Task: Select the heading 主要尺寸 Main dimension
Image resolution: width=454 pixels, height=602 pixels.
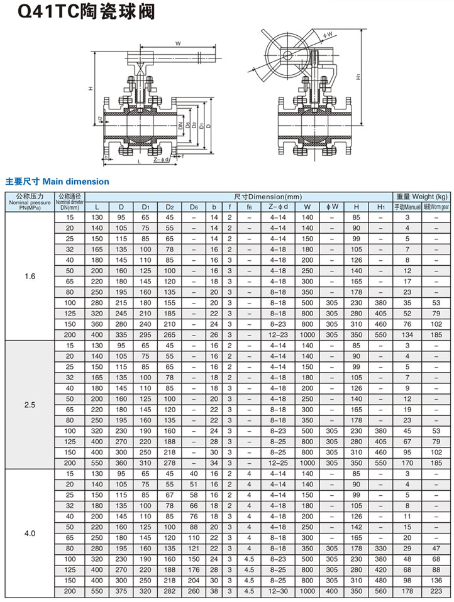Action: [57, 182]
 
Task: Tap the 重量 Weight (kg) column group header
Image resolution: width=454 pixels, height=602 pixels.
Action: [421, 197]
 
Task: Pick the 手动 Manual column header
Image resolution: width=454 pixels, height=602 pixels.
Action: [407, 207]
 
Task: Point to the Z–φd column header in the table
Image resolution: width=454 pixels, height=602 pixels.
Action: [278, 207]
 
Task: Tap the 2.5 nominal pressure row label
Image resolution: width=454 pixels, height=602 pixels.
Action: [30, 405]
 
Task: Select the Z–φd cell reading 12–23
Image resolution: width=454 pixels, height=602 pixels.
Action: [278, 335]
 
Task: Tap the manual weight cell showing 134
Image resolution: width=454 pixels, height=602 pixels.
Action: [407, 335]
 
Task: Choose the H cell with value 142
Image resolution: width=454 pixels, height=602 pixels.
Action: [357, 527]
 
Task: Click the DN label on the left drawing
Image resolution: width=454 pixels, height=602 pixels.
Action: [180, 126]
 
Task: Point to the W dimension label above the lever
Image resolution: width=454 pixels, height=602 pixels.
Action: [178, 43]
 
